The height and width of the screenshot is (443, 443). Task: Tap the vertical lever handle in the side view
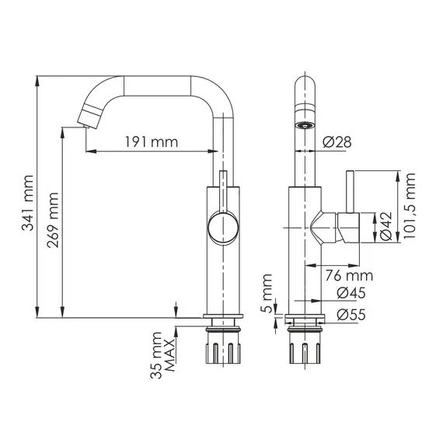tap(351, 190)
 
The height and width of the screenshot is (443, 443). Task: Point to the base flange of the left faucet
tap(224, 317)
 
